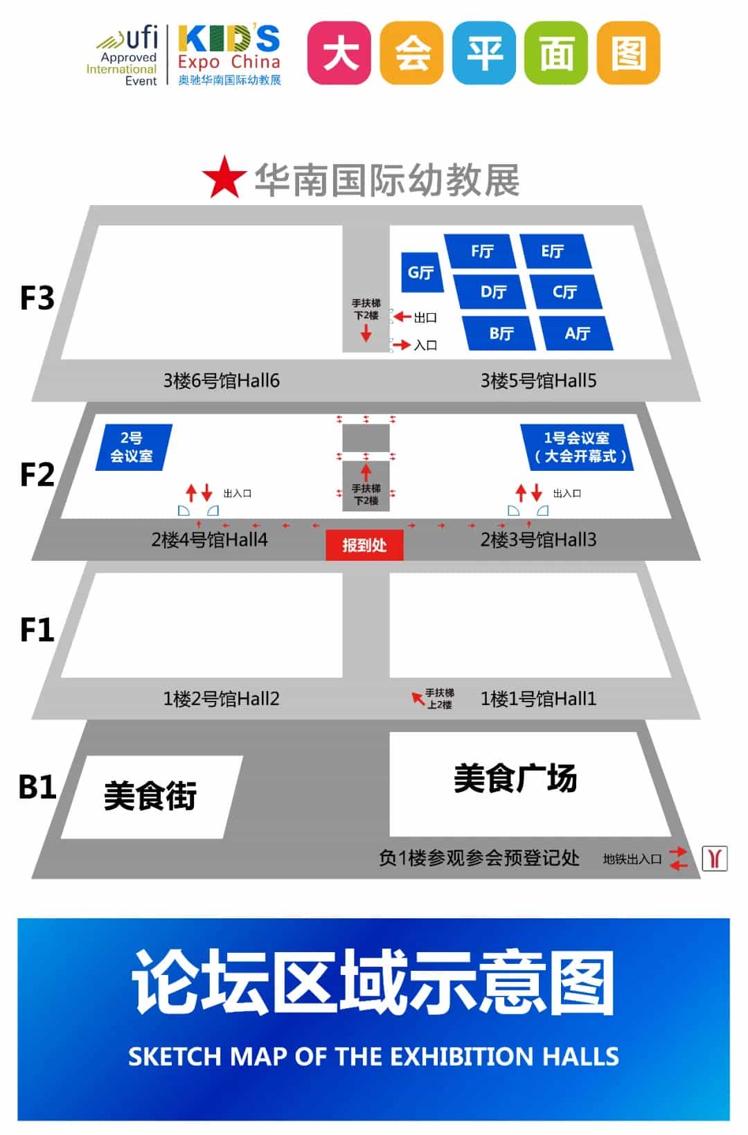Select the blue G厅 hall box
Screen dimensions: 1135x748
(x=420, y=272)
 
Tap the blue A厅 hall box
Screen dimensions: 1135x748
(x=576, y=333)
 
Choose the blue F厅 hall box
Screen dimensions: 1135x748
(x=482, y=251)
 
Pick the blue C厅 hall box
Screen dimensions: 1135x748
(x=565, y=292)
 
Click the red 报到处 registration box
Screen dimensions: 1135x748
(x=364, y=545)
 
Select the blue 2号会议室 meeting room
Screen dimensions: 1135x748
(x=132, y=447)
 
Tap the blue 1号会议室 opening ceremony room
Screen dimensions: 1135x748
(x=577, y=447)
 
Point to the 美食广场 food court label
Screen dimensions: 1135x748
(x=515, y=778)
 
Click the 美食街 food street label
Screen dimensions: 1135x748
(x=150, y=796)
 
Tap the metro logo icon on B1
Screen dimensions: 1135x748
(x=715, y=858)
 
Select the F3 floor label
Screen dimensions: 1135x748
(x=37, y=298)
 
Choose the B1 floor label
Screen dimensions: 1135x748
(x=37, y=787)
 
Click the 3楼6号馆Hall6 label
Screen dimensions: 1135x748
(x=221, y=380)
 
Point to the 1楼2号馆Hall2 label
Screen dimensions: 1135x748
(x=221, y=699)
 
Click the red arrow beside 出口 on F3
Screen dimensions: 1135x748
(x=402, y=317)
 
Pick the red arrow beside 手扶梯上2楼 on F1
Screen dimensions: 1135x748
(x=418, y=697)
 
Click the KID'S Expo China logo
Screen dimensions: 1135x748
(x=229, y=54)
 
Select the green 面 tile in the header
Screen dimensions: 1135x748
(x=556, y=53)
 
